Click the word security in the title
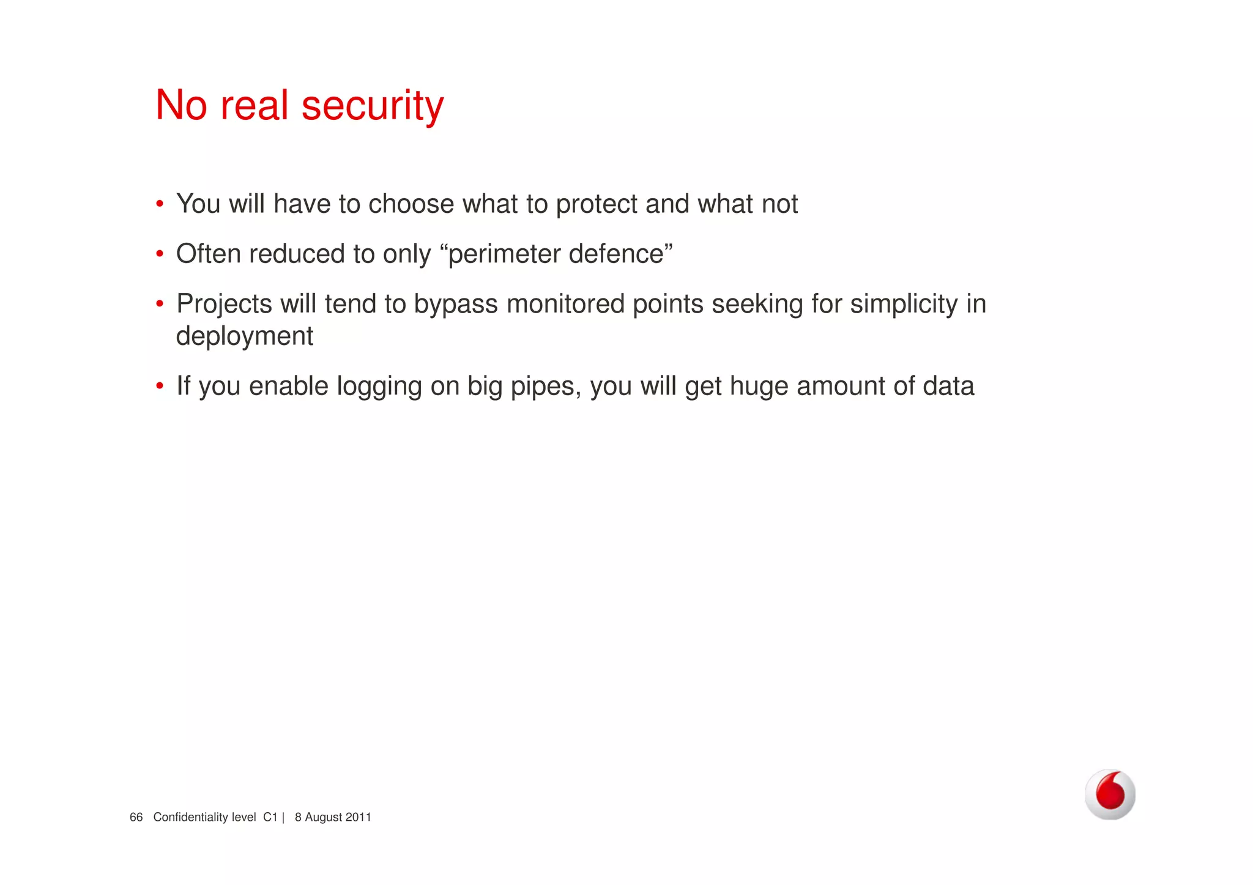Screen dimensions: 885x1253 pos(373,106)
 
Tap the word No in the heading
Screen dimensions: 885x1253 pos(181,105)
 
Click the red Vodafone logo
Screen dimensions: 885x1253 pos(1110,794)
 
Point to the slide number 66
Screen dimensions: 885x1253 pos(136,817)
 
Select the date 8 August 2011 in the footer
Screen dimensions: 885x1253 pos(333,817)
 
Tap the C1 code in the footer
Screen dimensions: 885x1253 pos(270,817)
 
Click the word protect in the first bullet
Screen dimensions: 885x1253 pos(596,204)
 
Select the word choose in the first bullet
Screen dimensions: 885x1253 pos(411,204)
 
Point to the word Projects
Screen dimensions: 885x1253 pos(224,305)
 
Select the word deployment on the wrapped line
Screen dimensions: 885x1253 pos(245,336)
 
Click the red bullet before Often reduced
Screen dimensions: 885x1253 pos(159,254)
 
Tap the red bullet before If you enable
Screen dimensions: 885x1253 pos(159,387)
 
